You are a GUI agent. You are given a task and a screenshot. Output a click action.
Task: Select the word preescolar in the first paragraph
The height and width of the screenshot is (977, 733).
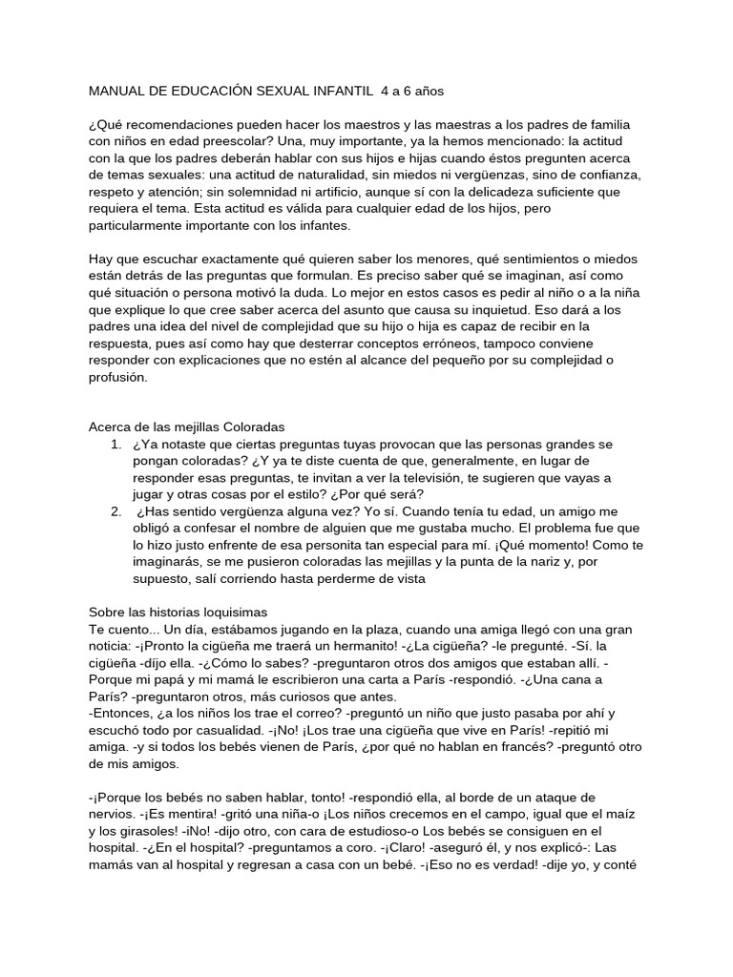pos(218,142)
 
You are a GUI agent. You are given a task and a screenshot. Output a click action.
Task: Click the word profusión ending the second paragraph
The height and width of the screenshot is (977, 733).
pos(119,377)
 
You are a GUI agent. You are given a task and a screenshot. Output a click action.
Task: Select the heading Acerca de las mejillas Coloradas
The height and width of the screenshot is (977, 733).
pos(187,426)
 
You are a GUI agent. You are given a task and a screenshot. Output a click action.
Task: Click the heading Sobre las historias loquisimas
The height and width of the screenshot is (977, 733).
pos(178,612)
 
